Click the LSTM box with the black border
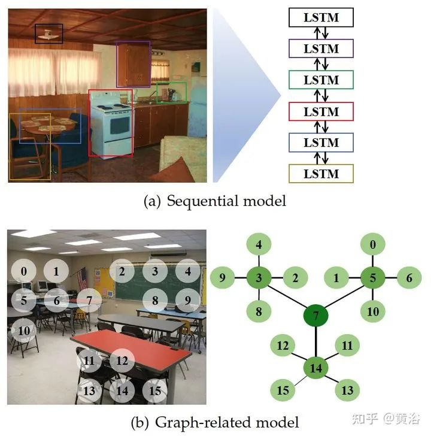coord(321,18)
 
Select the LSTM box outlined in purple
coord(321,49)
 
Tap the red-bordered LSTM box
coord(321,111)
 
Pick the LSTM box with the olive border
coord(321,174)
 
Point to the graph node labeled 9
coord(221,278)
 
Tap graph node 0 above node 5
coord(374,244)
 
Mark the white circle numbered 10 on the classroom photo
coord(24,331)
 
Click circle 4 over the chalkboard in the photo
coord(188,271)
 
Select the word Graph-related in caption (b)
coord(195,422)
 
